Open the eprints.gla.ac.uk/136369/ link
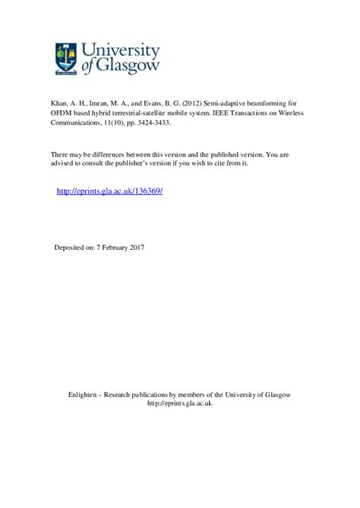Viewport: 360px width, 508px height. [x=110, y=191]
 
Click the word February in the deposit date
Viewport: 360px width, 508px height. [x=114, y=248]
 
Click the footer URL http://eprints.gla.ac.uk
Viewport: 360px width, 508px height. [x=179, y=404]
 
